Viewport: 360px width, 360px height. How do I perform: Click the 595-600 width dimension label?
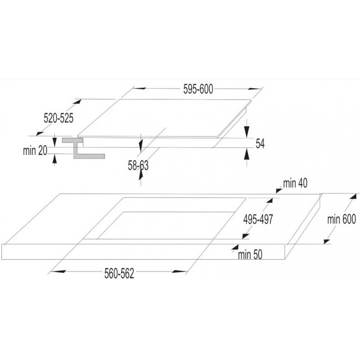[x=198, y=89]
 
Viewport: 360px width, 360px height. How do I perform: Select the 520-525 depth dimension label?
[x=59, y=118]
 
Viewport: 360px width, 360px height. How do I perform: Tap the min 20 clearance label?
[x=35, y=150]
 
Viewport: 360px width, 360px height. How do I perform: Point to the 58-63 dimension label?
[x=138, y=165]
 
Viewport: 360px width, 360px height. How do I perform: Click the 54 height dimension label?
[x=260, y=144]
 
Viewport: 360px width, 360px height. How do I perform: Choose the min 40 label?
[x=295, y=183]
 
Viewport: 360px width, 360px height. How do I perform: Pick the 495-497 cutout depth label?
[x=258, y=220]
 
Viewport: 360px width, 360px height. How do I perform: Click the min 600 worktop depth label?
[x=341, y=219]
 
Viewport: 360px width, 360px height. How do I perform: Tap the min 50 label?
[x=250, y=255]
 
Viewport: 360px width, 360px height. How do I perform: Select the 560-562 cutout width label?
[x=119, y=274]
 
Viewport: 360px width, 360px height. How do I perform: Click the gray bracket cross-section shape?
[x=84, y=148]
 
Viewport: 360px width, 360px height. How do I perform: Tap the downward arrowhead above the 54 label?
[x=247, y=131]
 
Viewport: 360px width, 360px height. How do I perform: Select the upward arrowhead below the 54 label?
[x=247, y=154]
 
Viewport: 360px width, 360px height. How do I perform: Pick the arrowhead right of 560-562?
[x=180, y=272]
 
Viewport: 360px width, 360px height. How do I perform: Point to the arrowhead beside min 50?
[x=235, y=248]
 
